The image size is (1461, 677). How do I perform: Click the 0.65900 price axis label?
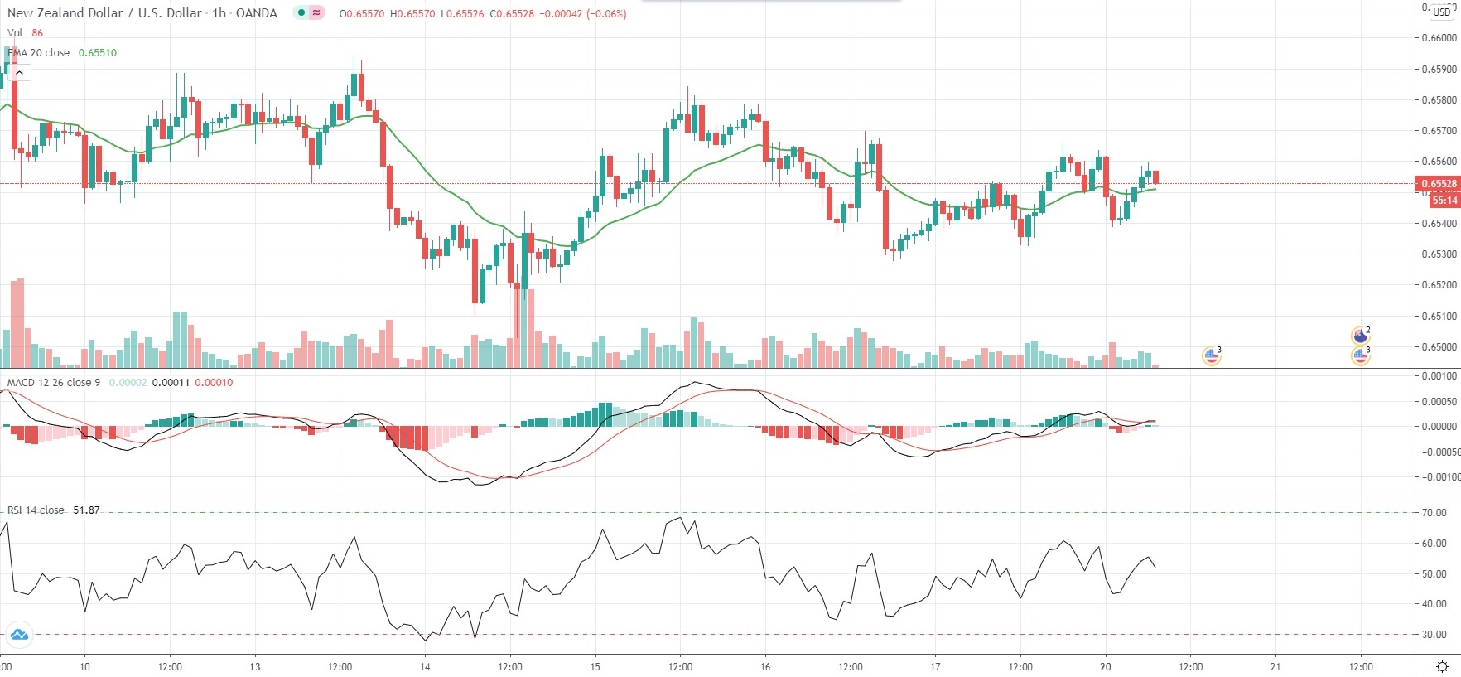1439,69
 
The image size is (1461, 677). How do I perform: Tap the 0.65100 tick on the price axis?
1439,316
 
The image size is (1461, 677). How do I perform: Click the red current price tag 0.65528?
1439,184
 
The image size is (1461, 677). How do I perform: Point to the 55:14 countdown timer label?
1444,201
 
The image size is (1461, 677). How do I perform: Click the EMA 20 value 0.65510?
98,53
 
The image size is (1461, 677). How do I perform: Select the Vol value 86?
37,33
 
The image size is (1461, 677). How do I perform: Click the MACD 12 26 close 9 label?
54,383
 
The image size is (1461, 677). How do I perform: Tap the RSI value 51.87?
86,510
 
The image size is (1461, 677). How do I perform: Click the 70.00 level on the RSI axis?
1434,513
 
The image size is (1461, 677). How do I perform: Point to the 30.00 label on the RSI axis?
1434,635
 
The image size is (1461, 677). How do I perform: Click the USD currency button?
1442,12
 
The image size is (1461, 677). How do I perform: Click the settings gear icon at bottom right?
1442,667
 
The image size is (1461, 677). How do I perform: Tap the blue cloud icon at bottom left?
18,636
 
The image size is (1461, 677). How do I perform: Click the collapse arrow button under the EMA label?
19,73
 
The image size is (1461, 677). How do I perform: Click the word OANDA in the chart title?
257,13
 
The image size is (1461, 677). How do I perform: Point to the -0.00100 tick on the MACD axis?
1440,477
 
